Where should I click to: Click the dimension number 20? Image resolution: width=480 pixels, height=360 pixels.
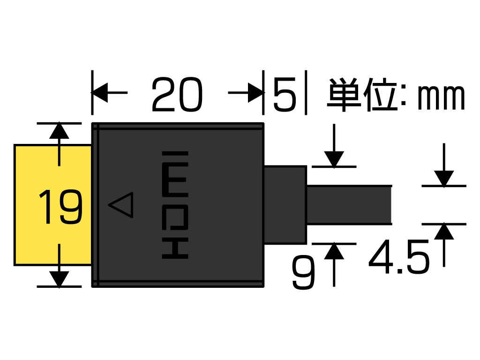177,95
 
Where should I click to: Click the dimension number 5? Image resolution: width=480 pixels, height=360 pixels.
285,95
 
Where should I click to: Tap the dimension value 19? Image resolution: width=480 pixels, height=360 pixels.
60,207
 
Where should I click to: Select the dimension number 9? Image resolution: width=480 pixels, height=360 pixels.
303,274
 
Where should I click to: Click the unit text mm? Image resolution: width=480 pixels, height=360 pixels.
441,97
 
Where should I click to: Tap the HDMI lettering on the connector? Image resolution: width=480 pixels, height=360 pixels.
175,205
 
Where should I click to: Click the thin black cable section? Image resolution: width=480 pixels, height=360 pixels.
349,205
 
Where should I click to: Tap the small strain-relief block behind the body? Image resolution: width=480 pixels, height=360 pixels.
285,205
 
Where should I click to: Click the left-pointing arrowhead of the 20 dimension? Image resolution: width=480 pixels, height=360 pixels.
100,93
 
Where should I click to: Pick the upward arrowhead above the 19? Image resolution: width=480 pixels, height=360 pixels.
59,131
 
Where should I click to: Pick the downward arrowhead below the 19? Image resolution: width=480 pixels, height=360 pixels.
59,278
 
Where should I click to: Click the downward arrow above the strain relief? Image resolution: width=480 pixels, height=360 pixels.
334,158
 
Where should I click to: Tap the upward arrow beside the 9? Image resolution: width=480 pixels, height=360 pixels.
334,252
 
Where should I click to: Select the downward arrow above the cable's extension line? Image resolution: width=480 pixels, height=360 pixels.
443,178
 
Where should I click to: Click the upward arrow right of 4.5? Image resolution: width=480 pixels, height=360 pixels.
443,232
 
